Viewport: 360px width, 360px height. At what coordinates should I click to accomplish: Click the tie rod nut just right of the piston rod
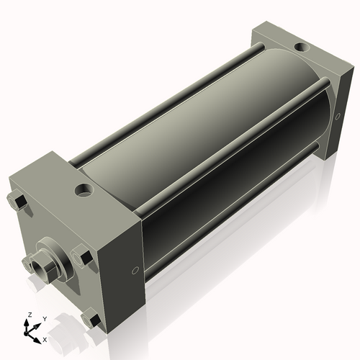[x=81, y=257]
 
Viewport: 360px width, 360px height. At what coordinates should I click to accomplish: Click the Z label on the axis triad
[x=29, y=315]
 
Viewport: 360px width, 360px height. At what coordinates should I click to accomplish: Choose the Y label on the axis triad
[x=44, y=318]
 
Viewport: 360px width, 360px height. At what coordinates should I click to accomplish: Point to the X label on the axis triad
[x=45, y=338]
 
